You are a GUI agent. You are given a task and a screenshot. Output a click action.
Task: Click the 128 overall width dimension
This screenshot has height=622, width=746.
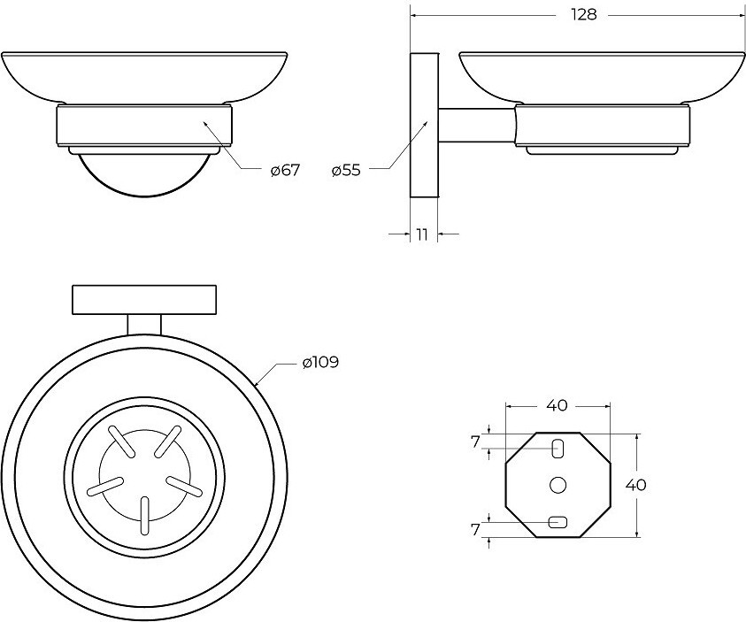tap(584, 15)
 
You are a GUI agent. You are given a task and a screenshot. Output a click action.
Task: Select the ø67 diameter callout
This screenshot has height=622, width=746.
tap(286, 170)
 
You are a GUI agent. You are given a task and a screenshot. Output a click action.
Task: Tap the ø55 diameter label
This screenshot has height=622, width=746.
tap(346, 170)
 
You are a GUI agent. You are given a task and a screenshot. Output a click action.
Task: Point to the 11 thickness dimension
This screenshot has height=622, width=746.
tap(422, 234)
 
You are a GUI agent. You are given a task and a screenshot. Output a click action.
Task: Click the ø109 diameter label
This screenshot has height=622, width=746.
tap(320, 363)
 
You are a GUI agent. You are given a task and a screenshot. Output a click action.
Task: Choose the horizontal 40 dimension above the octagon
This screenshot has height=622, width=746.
tap(558, 405)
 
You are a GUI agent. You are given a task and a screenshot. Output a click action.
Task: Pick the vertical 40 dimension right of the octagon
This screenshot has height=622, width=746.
tap(635, 485)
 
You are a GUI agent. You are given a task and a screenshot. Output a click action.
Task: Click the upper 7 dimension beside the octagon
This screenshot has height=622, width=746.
tap(476, 442)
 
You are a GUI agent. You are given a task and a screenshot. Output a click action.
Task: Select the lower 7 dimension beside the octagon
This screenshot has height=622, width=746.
tap(476, 530)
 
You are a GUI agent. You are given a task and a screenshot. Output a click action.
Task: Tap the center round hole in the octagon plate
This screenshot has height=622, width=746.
tap(558, 485)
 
